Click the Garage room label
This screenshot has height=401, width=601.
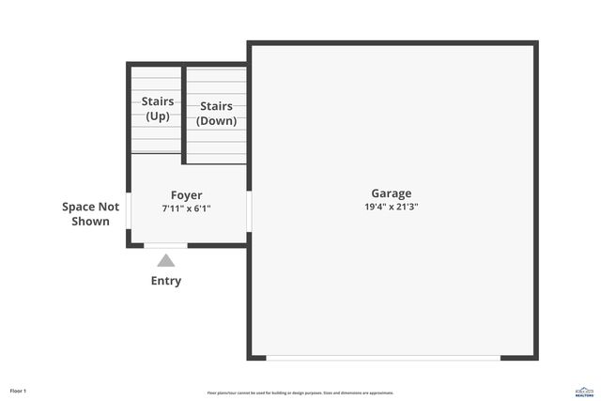pos(391,193)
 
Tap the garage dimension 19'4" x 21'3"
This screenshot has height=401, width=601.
pos(391,207)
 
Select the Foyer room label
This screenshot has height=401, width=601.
pos(186,195)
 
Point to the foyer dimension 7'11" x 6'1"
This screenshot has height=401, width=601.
pos(186,208)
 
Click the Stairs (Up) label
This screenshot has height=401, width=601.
pos(157,108)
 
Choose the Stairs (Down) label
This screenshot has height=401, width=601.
pos(216,114)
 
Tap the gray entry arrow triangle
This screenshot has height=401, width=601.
pos(166,260)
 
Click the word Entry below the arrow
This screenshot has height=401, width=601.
pos(166,281)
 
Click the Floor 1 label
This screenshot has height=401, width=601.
pos(19,390)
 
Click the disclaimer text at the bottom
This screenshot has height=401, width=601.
pos(300,393)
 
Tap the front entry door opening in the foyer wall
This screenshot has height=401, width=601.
pos(166,246)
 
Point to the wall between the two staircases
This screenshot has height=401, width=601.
pos(183,113)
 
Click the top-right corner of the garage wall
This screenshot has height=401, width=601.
pos(536,43)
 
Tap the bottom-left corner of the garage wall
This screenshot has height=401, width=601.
pos(250,357)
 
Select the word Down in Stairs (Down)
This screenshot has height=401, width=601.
pos(216,121)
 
